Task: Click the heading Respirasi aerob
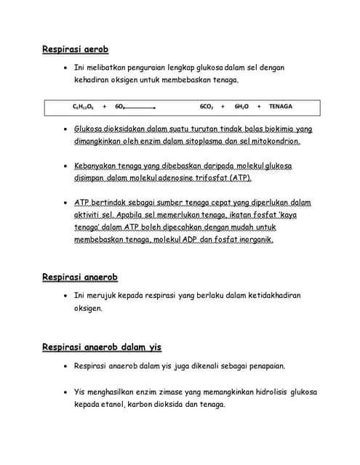[x=75, y=49]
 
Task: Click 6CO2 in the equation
[x=207, y=107]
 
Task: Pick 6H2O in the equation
[x=241, y=107]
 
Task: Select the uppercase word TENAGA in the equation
[x=281, y=107]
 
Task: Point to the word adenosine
[x=165, y=177]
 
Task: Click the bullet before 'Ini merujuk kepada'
[x=65, y=296]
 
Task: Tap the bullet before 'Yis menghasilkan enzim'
[x=65, y=392]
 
